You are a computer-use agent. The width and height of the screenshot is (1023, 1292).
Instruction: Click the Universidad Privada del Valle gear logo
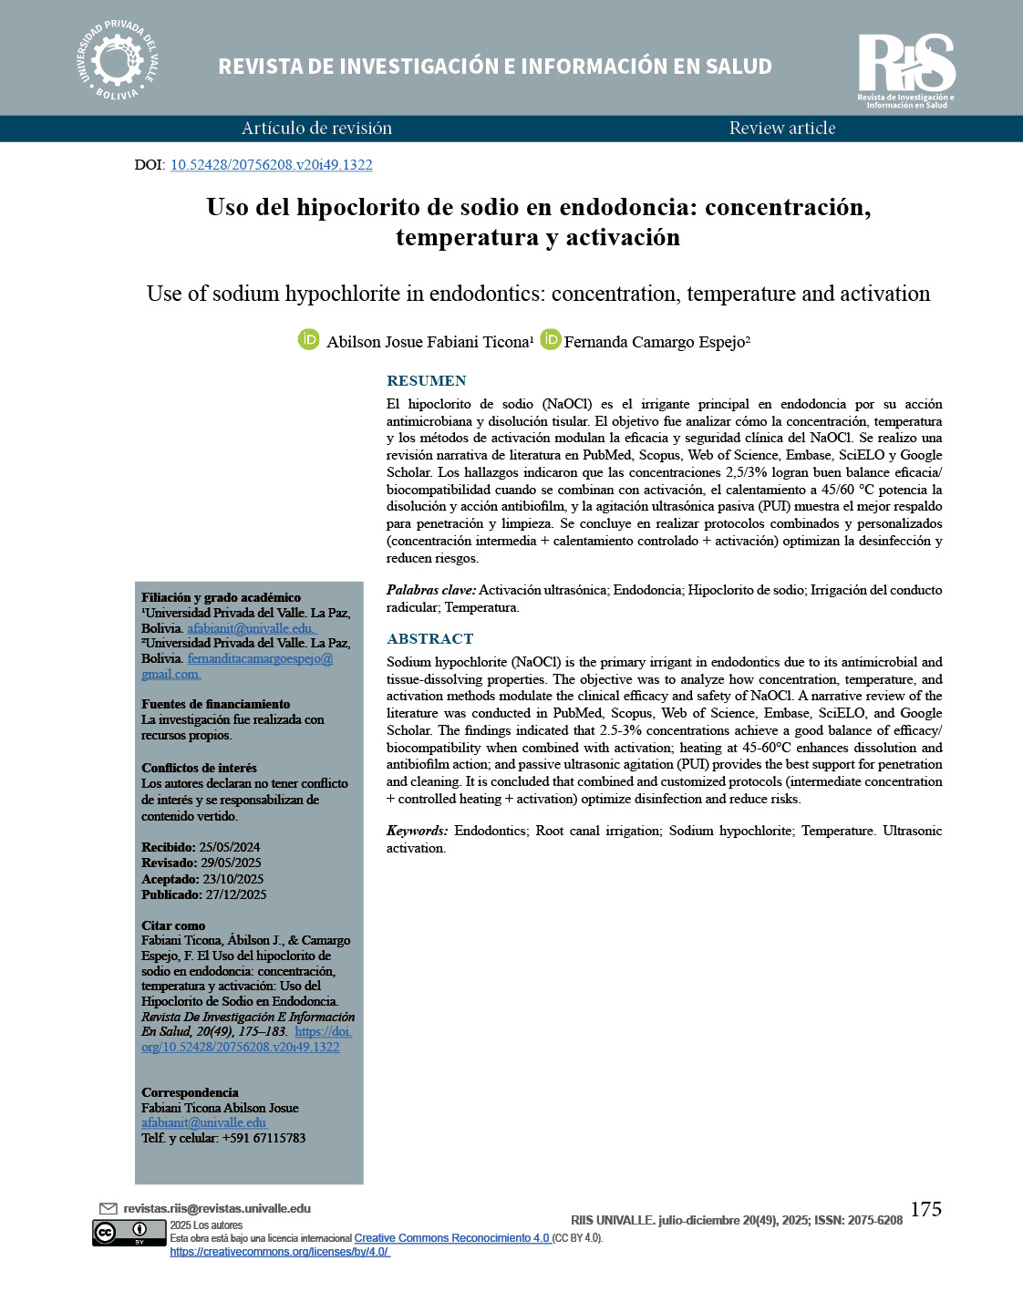click(117, 61)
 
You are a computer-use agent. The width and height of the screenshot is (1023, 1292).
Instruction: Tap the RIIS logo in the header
click(906, 69)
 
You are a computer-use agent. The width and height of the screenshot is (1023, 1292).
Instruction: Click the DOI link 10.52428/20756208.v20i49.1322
click(271, 165)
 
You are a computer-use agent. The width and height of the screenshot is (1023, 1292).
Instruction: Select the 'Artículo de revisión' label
click(316, 129)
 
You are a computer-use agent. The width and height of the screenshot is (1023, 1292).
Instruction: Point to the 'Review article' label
click(782, 129)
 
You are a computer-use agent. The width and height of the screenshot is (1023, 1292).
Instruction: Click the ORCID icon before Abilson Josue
click(309, 340)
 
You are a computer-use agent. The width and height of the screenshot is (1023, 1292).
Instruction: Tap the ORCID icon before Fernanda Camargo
click(550, 340)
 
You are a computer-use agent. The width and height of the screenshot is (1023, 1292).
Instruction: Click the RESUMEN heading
click(426, 381)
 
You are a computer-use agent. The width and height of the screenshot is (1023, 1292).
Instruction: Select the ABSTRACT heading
click(429, 639)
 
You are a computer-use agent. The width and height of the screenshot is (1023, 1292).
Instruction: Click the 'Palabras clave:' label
click(430, 591)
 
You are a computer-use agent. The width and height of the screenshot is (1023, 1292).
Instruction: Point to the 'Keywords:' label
click(417, 832)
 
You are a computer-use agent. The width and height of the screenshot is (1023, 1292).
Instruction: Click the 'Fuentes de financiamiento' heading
click(215, 704)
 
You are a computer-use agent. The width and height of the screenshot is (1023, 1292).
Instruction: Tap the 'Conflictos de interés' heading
click(199, 768)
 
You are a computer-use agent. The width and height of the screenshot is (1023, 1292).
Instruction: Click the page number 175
click(925, 1209)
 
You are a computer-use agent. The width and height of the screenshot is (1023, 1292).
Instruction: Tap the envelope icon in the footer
click(108, 1209)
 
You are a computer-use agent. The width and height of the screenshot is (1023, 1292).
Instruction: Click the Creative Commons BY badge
click(129, 1234)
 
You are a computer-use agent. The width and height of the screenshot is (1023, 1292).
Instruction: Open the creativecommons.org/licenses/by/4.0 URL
click(279, 1252)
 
